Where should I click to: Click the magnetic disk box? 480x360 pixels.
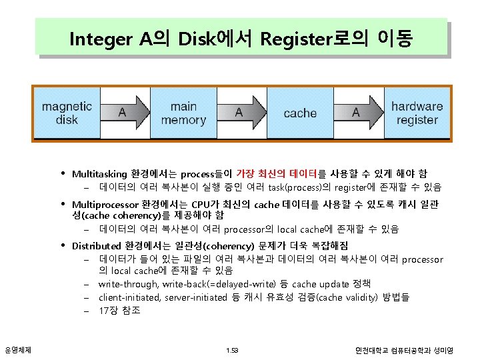[67, 113]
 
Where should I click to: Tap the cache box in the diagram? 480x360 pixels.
[300, 113]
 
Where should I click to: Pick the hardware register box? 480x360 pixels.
[417, 113]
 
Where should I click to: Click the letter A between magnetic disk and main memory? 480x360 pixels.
[122, 113]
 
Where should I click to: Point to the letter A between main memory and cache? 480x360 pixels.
[239, 113]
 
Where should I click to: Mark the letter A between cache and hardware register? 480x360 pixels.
[355, 113]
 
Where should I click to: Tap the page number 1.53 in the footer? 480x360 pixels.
[232, 350]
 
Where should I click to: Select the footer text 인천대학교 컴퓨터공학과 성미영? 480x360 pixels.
[404, 350]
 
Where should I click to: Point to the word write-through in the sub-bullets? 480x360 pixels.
[124, 284]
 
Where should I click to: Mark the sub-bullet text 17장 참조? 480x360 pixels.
[119, 311]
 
